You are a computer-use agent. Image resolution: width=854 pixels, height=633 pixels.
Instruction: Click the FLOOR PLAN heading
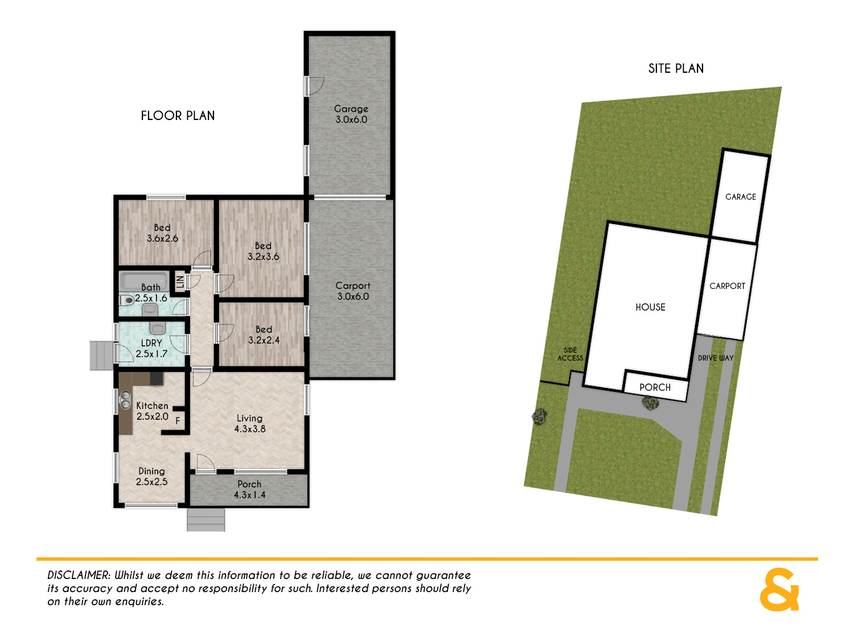178,115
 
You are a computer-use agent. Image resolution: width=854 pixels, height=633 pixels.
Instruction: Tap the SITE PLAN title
676,68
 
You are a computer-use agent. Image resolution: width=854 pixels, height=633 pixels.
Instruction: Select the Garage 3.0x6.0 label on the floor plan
351,114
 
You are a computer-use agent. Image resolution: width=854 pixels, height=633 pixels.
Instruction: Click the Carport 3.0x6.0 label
353,291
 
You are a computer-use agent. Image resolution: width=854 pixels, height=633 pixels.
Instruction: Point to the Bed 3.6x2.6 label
162,233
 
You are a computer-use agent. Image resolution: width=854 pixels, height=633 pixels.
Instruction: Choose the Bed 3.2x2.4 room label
264,335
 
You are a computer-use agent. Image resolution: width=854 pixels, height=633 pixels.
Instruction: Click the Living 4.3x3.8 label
250,424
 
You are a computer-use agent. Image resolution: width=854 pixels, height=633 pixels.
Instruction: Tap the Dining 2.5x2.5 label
151,477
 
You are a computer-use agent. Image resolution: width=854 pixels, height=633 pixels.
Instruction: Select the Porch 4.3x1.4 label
249,490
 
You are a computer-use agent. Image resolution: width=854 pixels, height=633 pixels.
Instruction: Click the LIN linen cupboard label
180,282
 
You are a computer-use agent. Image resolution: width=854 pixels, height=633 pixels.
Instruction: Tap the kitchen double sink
125,400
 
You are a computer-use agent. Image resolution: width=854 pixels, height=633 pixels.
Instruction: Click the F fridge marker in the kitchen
178,421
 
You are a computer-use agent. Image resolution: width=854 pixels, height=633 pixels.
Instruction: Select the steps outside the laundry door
101,355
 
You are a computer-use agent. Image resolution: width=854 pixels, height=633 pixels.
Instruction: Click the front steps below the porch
206,520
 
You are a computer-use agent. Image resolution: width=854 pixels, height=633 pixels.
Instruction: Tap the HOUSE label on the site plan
650,307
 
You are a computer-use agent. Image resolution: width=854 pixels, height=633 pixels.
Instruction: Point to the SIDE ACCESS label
570,354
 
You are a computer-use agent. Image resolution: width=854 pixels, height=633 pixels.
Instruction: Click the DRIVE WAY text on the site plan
716,358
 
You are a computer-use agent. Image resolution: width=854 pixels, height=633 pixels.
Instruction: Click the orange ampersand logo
779,590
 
